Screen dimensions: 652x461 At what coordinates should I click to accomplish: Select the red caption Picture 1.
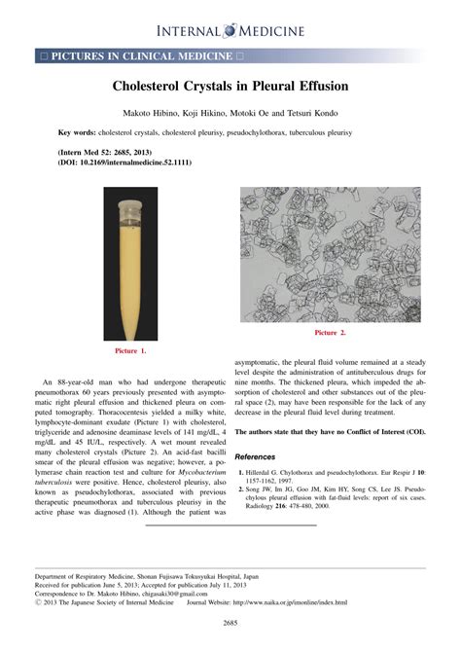(130, 349)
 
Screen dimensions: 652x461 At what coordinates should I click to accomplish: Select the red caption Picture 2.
(331, 333)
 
